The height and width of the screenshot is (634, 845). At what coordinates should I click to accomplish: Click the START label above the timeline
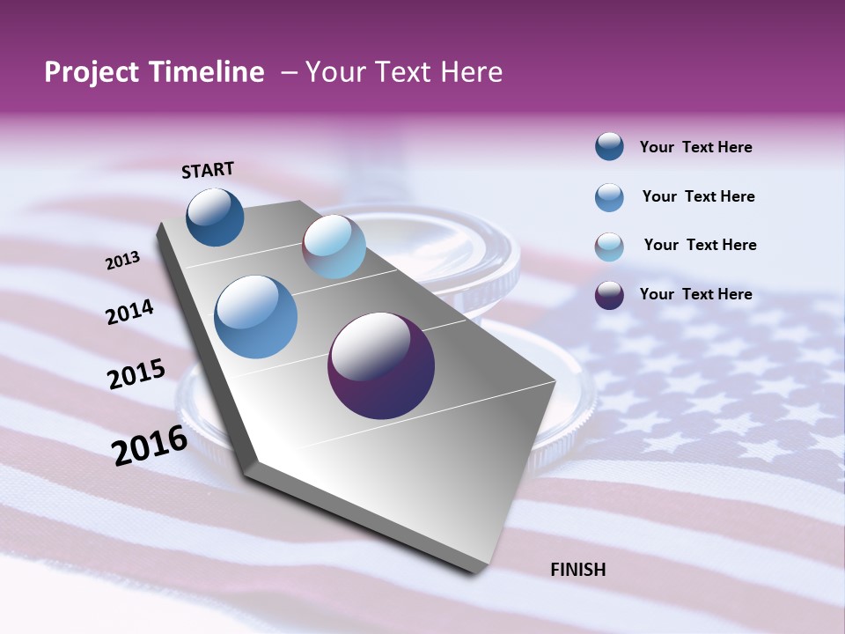[x=208, y=170]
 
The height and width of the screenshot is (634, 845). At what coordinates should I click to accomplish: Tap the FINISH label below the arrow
[x=578, y=570]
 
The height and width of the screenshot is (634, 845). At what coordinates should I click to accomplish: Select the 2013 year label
[x=123, y=261]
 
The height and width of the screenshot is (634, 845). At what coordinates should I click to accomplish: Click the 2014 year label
[x=130, y=313]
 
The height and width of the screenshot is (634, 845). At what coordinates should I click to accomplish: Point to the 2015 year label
[x=136, y=374]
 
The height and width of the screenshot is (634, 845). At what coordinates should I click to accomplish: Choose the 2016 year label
[x=150, y=445]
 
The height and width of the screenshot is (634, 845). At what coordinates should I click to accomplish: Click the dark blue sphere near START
[x=215, y=217]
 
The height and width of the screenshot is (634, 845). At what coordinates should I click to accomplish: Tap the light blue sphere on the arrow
[x=334, y=247]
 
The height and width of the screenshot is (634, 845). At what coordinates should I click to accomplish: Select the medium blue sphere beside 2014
[x=256, y=317]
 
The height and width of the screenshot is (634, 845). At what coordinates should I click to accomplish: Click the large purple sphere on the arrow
[x=381, y=365]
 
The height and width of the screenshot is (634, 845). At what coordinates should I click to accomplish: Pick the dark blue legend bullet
[x=609, y=147]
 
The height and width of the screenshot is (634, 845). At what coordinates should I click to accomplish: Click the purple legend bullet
[x=609, y=295]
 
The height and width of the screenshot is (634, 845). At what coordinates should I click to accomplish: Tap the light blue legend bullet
[x=609, y=247]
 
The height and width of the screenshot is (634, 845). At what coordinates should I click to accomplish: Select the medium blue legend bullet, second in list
[x=609, y=197]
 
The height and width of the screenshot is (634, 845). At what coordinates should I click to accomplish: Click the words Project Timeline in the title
[x=154, y=72]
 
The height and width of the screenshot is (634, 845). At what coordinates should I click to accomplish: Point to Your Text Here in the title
[x=404, y=72]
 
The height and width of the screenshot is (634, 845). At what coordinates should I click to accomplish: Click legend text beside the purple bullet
[x=696, y=294]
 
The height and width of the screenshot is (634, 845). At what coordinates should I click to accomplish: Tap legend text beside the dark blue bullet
[x=696, y=147]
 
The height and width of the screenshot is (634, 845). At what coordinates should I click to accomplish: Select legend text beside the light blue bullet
[x=701, y=245]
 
